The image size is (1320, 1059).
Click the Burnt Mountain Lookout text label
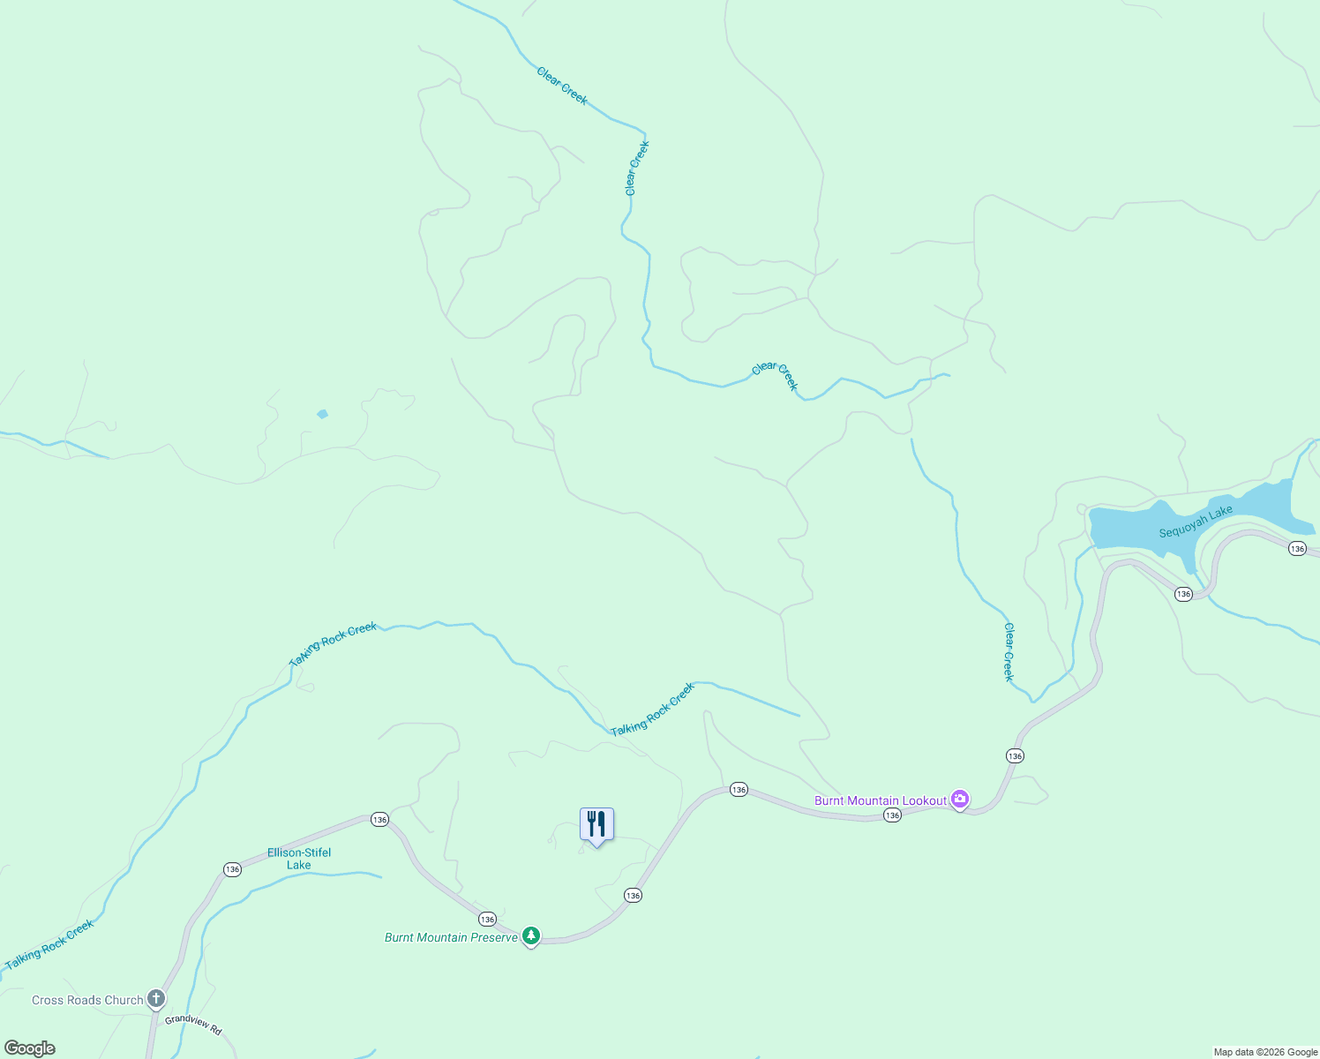pyautogui.click(x=880, y=800)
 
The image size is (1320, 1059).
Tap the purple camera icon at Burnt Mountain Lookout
pyautogui.click(x=960, y=800)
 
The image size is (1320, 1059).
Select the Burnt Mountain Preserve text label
pyautogui.click(x=451, y=937)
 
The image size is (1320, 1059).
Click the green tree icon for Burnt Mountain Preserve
pyautogui.click(x=531, y=935)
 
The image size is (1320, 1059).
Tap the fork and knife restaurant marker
pyautogui.click(x=596, y=824)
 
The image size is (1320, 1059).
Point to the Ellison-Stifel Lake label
pyautogui.click(x=299, y=859)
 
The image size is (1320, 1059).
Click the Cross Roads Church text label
pyautogui.click(x=87, y=1000)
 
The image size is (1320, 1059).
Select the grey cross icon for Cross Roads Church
pyautogui.click(x=156, y=999)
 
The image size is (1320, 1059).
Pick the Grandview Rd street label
pyautogui.click(x=192, y=1025)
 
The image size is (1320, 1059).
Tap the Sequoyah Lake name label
pyautogui.click(x=1196, y=522)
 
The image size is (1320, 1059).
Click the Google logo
pyautogui.click(x=30, y=1048)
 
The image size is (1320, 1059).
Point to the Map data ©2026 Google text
pyautogui.click(x=1265, y=1052)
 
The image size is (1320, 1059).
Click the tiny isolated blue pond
pyautogui.click(x=323, y=414)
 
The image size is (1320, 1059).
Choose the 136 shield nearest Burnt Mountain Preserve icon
pyautogui.click(x=487, y=920)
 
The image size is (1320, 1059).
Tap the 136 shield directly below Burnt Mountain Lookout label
pyautogui.click(x=892, y=815)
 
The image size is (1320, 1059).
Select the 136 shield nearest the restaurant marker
pyautogui.click(x=633, y=895)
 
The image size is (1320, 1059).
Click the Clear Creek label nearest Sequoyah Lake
pyautogui.click(x=1009, y=652)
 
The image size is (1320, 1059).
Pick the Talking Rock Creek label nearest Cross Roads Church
pyautogui.click(x=49, y=945)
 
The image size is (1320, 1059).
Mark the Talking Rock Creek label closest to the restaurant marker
pyautogui.click(x=653, y=710)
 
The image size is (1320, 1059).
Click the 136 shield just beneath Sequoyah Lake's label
pyautogui.click(x=1183, y=594)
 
